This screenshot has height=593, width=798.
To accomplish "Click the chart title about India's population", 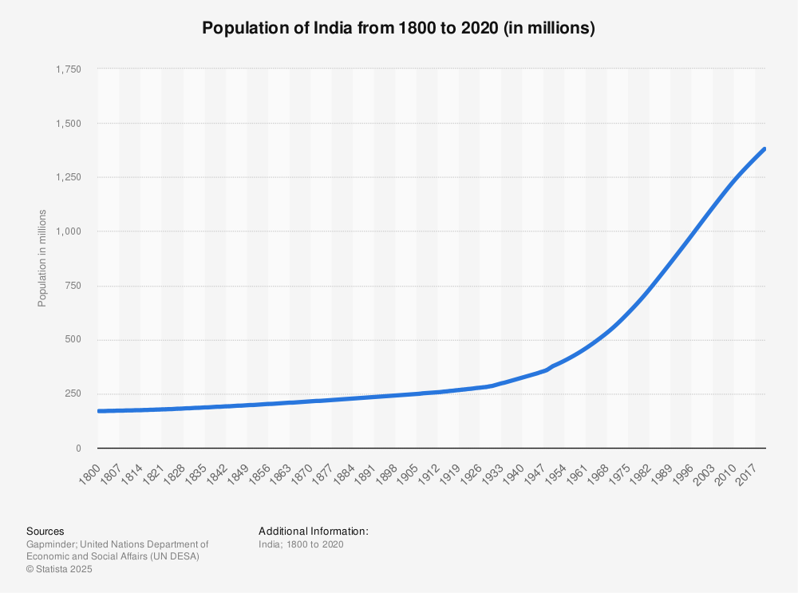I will [398, 29].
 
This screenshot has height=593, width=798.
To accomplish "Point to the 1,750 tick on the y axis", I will [68, 69].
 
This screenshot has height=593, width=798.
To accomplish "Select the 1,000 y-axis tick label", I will [68, 231].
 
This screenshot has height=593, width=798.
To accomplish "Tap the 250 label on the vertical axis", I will [73, 394].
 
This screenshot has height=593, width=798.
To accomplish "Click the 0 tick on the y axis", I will [78, 449].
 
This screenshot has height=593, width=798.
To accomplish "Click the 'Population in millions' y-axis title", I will [42, 258].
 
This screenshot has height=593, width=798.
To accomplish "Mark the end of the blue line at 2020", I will [764, 149].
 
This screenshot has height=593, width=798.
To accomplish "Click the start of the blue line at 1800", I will [99, 411].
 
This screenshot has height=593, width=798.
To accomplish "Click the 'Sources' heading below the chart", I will [45, 531].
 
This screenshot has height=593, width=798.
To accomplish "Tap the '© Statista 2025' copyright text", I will [60, 570].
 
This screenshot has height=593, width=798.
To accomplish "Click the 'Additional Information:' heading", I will [313, 531].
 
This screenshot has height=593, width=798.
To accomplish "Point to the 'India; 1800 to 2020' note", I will [301, 544].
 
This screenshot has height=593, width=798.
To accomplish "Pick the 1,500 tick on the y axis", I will [68, 124].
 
